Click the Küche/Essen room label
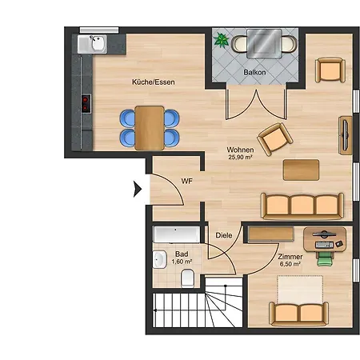[154, 82]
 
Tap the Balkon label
[254, 72]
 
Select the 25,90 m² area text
[240, 158]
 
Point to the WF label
[186, 182]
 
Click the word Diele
[224, 235]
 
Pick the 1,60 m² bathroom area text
[182, 262]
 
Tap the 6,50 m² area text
[290, 264]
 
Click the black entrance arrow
[138, 189]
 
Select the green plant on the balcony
[221, 40]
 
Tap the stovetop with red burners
[86, 104]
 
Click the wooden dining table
[150, 128]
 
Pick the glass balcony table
[264, 44]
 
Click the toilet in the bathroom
[187, 278]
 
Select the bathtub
[177, 234]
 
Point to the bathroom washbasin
[160, 259]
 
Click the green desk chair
[325, 258]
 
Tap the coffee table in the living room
[301, 170]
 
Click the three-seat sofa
[302, 206]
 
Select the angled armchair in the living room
[274, 139]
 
